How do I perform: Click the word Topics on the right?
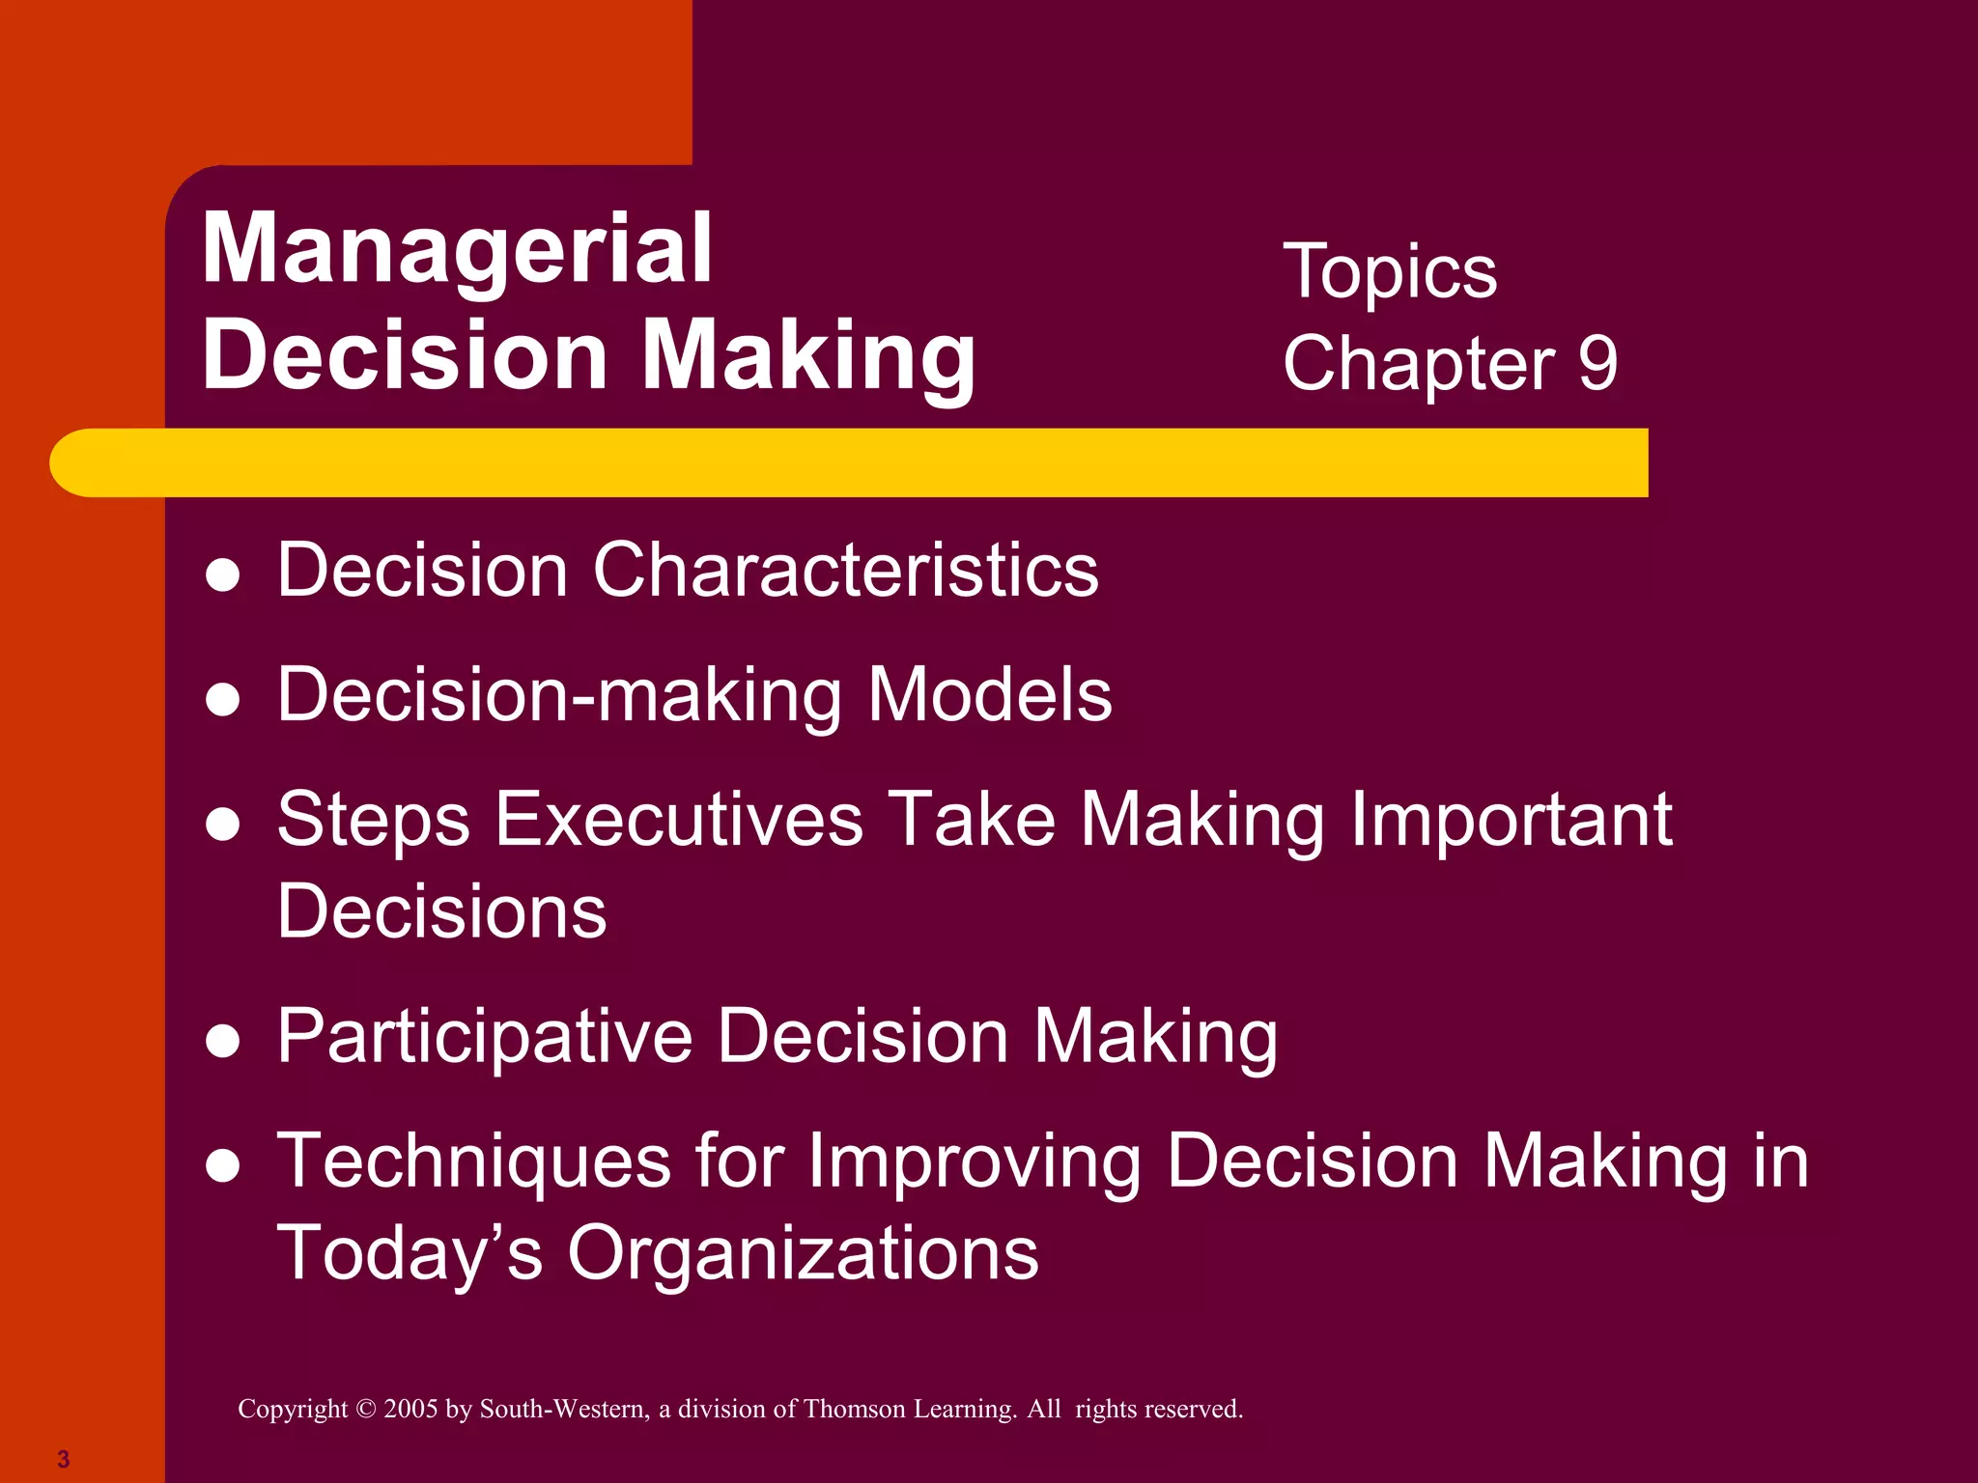coord(1390,273)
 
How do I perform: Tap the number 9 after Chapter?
coord(1597,364)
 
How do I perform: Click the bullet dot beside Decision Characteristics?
coord(223,575)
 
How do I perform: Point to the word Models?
coord(990,694)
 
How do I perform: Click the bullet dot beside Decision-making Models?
coord(223,700)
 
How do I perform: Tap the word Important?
coord(1511,819)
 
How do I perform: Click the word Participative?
coord(485,1036)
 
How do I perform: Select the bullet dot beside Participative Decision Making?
coord(223,1042)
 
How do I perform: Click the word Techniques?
coord(474,1161)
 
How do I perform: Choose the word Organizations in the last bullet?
coord(803,1253)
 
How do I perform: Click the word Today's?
coord(410,1253)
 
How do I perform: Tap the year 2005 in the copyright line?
coord(411,1409)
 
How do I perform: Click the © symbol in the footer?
coord(365,1409)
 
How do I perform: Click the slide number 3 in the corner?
coord(64,1459)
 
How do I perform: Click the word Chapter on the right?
coord(1419,364)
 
